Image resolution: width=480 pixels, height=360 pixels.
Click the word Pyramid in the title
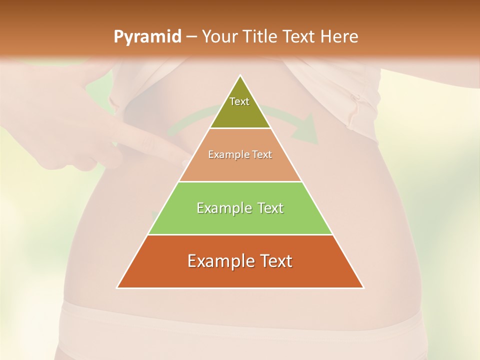(x=147, y=37)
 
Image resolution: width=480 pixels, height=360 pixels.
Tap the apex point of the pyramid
(x=240, y=75)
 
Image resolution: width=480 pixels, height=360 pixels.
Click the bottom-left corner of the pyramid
(x=117, y=287)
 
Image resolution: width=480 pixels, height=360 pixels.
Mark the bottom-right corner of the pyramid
(x=363, y=287)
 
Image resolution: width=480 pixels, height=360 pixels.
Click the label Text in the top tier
(x=239, y=101)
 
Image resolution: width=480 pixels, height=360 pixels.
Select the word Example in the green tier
(x=220, y=208)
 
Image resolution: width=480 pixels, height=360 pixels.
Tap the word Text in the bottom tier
(x=273, y=261)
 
